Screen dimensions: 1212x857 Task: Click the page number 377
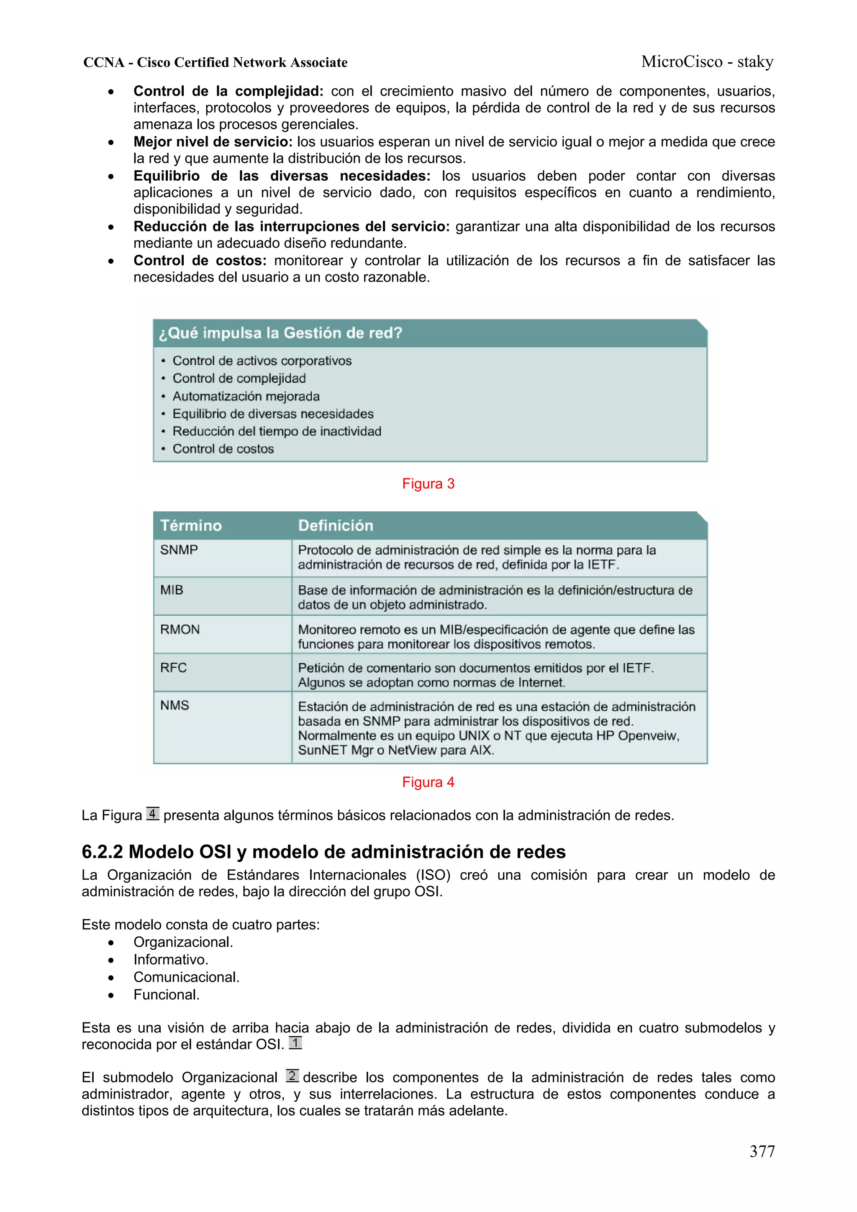[762, 1151]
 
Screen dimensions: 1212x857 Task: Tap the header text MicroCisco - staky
[707, 62]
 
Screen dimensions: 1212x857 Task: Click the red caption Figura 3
[428, 484]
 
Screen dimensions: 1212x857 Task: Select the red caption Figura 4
[428, 782]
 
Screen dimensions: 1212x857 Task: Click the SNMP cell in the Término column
[179, 550]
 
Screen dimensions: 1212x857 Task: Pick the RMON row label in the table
[180, 629]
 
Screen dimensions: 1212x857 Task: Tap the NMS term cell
[175, 705]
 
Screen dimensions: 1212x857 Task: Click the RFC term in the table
[174, 668]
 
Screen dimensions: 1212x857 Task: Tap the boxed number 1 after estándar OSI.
[295, 1043]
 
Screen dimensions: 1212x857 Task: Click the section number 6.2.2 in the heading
[102, 851]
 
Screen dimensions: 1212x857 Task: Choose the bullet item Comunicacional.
[186, 977]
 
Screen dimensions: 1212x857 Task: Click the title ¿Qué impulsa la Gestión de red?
[280, 333]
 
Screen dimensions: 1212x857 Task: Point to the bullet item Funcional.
[166, 994]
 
